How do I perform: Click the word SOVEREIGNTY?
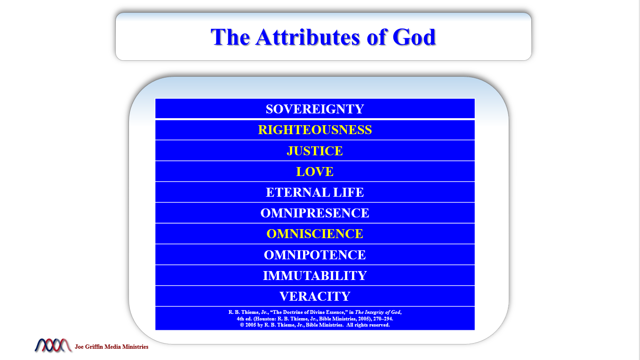[315, 109]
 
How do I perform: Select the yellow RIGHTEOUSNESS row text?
[315, 130]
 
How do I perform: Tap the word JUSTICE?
[315, 151]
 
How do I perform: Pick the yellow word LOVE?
[315, 172]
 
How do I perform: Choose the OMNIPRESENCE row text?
[315, 213]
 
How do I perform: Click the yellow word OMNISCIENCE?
[315, 234]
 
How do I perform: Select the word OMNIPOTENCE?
[315, 255]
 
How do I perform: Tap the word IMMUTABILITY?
[315, 276]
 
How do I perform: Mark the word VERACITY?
[315, 296]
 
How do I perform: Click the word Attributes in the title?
[307, 37]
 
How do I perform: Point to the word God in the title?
[414, 37]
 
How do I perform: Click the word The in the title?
[230, 37]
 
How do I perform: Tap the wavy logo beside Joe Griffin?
[53, 345]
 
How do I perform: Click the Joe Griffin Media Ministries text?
[112, 347]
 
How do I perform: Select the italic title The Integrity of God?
[378, 312]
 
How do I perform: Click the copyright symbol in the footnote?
[242, 325]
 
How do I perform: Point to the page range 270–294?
[383, 319]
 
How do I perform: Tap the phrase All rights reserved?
[368, 325]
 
